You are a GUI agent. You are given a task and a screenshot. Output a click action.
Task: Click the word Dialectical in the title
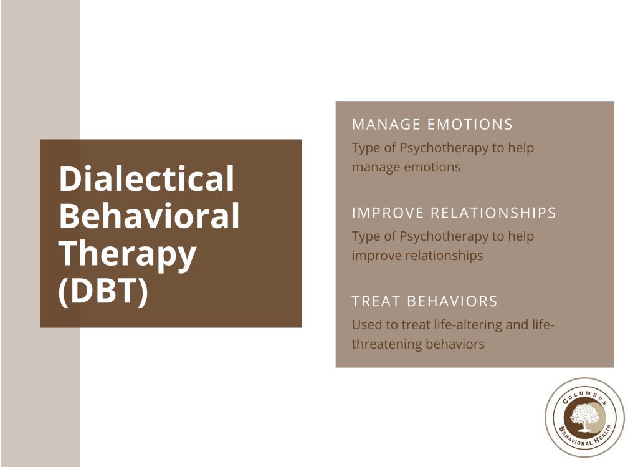point(146,179)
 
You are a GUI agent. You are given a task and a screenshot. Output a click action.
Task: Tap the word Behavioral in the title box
point(149,216)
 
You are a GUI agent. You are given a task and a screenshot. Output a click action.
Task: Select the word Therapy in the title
point(128,254)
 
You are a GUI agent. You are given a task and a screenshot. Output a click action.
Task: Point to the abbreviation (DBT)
point(103,291)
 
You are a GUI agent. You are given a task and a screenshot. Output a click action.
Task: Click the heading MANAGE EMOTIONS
point(432,124)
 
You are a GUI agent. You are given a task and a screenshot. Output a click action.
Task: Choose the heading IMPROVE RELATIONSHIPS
point(454,213)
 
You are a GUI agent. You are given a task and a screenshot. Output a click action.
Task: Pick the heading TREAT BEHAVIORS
point(425,301)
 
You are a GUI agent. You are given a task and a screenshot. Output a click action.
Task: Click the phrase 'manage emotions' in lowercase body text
point(406,167)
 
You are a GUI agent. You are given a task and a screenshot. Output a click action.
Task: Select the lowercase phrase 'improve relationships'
point(417,256)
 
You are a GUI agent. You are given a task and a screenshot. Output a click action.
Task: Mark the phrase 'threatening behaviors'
point(418,344)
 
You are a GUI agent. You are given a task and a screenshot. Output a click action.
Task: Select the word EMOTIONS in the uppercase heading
point(470,124)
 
